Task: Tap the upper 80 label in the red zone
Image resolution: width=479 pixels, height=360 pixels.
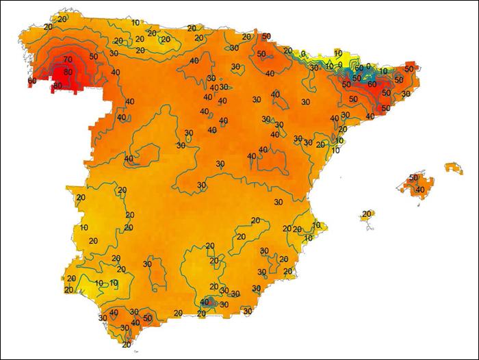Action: tap(68, 72)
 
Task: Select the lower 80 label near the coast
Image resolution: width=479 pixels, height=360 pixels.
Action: tap(57, 86)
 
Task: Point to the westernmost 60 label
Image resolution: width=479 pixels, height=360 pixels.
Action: tap(32, 81)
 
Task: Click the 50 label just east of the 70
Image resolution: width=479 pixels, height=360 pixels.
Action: tap(94, 56)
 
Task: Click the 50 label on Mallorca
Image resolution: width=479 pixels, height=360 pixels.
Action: tap(413, 178)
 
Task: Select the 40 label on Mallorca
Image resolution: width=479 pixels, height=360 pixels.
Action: tap(419, 190)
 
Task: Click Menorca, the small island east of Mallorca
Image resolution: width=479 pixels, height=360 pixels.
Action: tap(452, 166)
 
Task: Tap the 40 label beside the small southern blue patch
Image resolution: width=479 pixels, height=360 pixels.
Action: tap(205, 302)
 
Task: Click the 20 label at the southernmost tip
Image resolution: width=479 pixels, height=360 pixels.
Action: tap(126, 344)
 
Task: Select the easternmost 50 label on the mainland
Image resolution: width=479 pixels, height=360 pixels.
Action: tap(409, 68)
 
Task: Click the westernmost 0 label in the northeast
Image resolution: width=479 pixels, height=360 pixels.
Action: tap(303, 53)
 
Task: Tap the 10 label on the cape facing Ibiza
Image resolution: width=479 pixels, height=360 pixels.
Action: tap(317, 225)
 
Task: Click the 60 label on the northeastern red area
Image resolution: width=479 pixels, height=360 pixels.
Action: tap(372, 83)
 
